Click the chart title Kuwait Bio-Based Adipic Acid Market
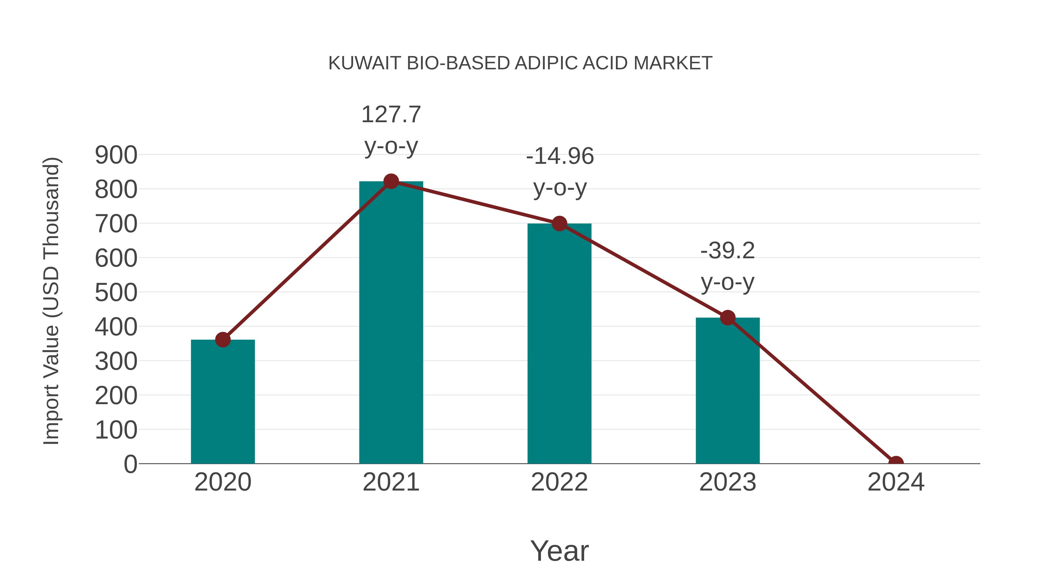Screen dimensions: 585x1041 (520, 63)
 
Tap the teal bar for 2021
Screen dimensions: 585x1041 (391, 323)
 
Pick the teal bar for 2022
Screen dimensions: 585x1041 (559, 343)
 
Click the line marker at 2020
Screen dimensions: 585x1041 (223, 340)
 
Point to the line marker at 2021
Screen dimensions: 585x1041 (391, 182)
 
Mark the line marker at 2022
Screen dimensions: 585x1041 (559, 223)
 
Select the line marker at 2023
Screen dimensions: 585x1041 (728, 318)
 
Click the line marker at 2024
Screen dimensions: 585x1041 (896, 463)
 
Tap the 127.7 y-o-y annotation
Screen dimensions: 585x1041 (391, 130)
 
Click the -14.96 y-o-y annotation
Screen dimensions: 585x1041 (560, 172)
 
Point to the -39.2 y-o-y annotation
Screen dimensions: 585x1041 (728, 266)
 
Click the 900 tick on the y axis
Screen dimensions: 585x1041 (116, 155)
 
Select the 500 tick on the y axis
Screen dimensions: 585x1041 (116, 293)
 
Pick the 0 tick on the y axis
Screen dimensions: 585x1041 (130, 464)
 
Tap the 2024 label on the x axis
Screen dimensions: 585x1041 (896, 482)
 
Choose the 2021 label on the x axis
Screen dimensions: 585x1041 (391, 482)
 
